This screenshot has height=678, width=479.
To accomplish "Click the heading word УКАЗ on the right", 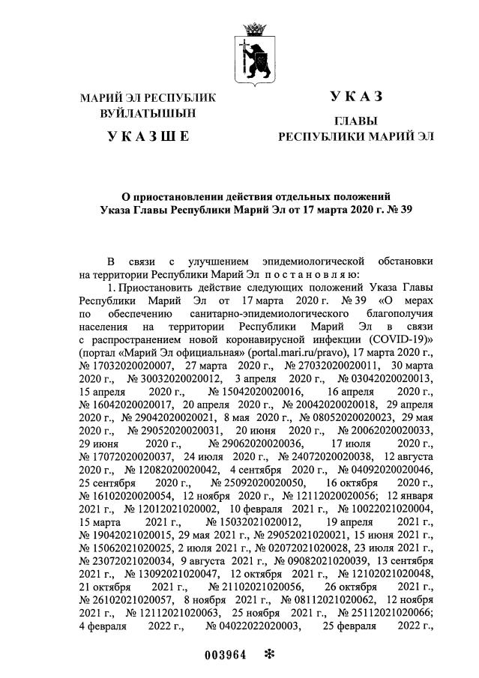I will pyautogui.click(x=355, y=97).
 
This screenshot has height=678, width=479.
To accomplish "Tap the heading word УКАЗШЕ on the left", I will pyautogui.click(x=148, y=136).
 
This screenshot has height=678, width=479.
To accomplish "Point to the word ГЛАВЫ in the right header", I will pyautogui.click(x=355, y=121).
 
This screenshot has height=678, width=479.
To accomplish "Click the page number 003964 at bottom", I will pyautogui.click(x=226, y=654).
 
